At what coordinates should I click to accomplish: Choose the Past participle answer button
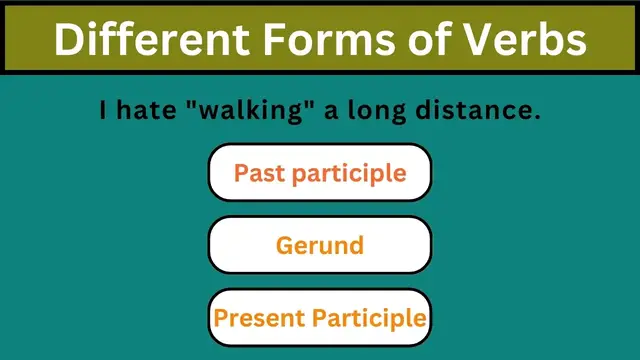pyautogui.click(x=320, y=172)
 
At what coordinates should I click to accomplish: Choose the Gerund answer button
pyautogui.click(x=320, y=245)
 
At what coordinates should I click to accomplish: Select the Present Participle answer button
pyautogui.click(x=320, y=318)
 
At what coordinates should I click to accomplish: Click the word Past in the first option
pyautogui.click(x=257, y=172)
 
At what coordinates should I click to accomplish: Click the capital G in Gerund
pyautogui.click(x=284, y=245)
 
